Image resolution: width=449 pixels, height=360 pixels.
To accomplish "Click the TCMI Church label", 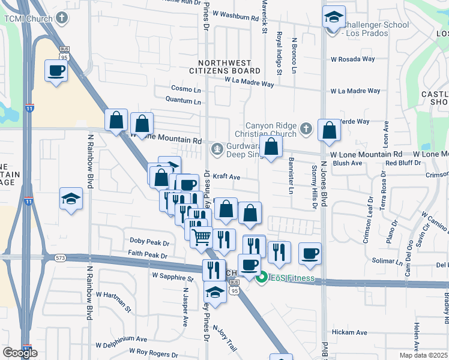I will click(28, 18).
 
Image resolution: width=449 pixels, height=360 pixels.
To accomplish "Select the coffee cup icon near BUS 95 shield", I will click(56, 71).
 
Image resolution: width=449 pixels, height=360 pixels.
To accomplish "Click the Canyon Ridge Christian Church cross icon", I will click(306, 128).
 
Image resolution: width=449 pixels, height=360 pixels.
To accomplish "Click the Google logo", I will click(20, 353).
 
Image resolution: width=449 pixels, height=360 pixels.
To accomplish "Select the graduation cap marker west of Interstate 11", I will click(71, 199).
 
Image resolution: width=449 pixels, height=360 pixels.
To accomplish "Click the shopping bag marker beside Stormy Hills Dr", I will click(329, 131).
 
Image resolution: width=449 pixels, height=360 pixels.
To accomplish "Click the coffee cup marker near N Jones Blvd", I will click(310, 253).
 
